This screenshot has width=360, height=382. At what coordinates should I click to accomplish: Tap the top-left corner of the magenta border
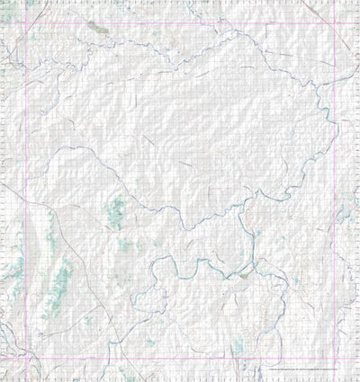click(24, 22)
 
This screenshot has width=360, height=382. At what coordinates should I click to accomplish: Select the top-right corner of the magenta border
click(335, 22)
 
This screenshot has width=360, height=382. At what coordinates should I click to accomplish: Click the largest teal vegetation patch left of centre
click(115, 213)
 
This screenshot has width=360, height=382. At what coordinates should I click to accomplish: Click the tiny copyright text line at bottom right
click(306, 370)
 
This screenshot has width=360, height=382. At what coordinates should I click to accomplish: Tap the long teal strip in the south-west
click(61, 279)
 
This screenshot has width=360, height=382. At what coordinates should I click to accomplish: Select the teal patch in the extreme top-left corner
click(31, 4)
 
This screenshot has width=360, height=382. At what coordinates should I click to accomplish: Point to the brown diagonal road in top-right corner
click(314, 8)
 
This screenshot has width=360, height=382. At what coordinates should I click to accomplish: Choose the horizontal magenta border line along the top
click(180, 22)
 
